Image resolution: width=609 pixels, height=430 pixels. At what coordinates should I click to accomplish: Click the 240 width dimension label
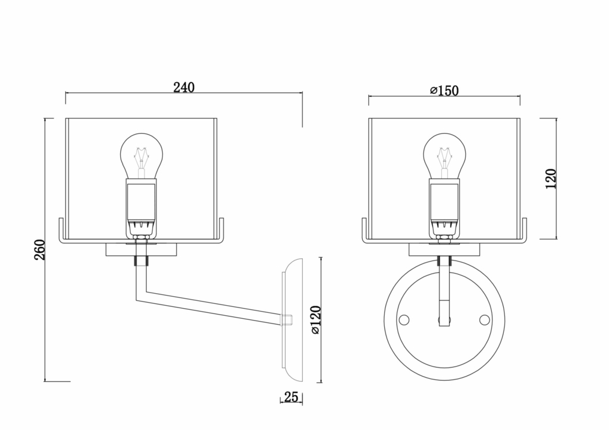tap(184, 87)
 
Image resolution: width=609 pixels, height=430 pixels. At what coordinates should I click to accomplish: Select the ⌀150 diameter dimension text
tap(444, 90)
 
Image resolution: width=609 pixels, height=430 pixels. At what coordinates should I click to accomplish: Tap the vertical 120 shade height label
tap(551, 178)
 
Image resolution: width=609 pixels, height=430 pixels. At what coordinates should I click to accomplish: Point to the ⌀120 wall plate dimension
tap(315, 319)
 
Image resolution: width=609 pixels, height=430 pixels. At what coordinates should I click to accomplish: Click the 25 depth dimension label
tap(291, 397)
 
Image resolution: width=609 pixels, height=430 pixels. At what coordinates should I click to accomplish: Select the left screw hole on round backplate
tap(404, 320)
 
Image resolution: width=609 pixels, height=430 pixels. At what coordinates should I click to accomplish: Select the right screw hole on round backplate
tap(485, 320)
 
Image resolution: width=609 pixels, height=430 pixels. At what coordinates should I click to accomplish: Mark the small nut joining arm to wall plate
tap(286, 320)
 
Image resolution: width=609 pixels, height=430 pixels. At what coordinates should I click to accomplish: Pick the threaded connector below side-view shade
tap(141, 261)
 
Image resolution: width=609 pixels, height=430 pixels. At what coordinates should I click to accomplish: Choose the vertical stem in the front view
tap(444, 291)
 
